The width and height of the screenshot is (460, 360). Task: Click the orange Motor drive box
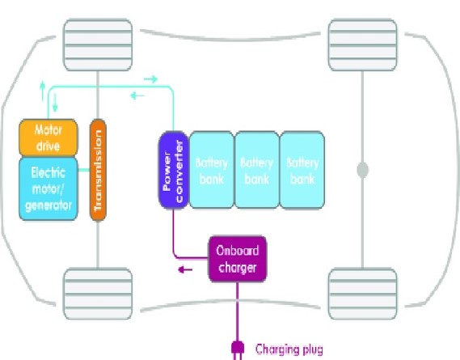pos(48,138)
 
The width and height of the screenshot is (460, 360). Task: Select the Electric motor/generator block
pos(48,188)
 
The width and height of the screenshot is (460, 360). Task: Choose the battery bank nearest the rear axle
pos(302,170)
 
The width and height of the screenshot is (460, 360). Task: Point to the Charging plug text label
pos(289,349)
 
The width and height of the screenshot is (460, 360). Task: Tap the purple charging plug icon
pos(238,349)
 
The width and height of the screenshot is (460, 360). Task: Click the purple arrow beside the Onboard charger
pos(187,271)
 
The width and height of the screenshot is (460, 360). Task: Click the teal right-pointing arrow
pos(150,78)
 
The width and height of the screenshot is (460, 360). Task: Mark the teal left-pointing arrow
pos(137,95)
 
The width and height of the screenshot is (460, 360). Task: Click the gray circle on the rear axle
pos(363,171)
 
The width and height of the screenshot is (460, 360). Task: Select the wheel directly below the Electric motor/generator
pos(98,293)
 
